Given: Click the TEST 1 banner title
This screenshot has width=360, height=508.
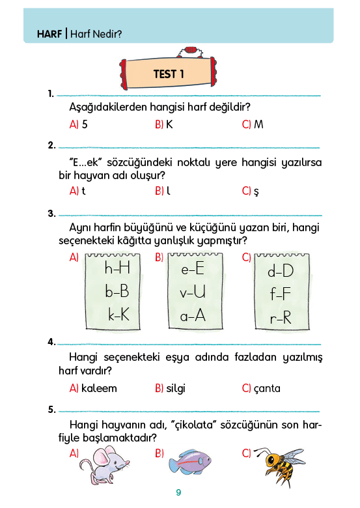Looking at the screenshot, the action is pos(169,74).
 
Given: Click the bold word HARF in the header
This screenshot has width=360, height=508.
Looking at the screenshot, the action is pos(49,34).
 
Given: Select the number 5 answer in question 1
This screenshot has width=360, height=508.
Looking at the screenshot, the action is pos(85,124).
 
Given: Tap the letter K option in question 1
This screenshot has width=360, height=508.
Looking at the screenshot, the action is pos(169,124).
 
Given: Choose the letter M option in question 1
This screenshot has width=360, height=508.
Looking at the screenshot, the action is pos(258,124).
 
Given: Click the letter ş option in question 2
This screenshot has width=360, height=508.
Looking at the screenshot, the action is pos(256,191).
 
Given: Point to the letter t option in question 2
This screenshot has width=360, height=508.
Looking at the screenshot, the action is pos(83,191).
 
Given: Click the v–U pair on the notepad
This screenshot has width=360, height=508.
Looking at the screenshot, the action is pos(193,292).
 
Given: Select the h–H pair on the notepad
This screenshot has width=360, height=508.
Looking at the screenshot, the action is pos(117,268).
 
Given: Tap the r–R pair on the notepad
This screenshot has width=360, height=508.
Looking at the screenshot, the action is pos(281,318).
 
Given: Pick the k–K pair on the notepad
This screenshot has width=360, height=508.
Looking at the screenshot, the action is pos(118,314).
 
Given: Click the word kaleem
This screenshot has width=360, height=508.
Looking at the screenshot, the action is pos(99,388).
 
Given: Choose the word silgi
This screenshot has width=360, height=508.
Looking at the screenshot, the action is pos(176,388).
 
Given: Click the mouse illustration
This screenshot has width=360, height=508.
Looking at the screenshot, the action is pos(104,465).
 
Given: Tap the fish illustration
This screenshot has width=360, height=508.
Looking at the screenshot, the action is pos(189,461).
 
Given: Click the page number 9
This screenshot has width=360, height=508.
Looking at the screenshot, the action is pos(178,492).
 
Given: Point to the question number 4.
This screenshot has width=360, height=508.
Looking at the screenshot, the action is pos(51,341).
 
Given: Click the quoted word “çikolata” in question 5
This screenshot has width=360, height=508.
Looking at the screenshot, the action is pos(193,425).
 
